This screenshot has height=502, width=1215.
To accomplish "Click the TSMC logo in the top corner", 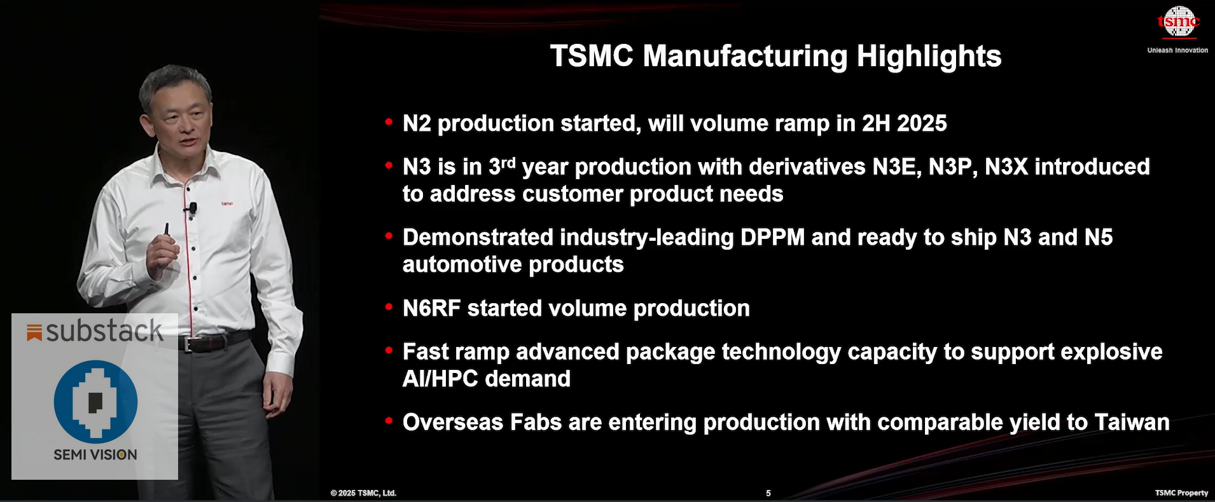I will coord(1178,23).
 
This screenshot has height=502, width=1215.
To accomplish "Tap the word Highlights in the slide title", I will coord(929,56).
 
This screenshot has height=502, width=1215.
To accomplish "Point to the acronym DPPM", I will coord(772,238).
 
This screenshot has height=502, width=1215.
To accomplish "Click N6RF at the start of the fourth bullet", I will coord(431,309).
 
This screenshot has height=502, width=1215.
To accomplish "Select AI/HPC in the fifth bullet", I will coord(440,379).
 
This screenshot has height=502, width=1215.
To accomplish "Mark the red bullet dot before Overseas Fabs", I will coord(389,421).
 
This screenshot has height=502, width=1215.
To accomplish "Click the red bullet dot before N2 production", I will coord(389,121).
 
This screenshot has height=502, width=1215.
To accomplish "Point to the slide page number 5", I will coord(768,493).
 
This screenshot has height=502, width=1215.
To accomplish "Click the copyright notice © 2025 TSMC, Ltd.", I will coord(363,493).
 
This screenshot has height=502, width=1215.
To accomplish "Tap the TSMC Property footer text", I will coord(1181,493).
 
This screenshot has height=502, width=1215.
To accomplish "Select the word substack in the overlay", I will coord(104,331).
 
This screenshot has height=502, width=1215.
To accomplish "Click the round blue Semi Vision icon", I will coord(95,402).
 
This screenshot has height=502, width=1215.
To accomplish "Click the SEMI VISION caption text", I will coord(95,455).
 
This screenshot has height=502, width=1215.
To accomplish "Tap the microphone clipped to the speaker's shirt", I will coord(192,208).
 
